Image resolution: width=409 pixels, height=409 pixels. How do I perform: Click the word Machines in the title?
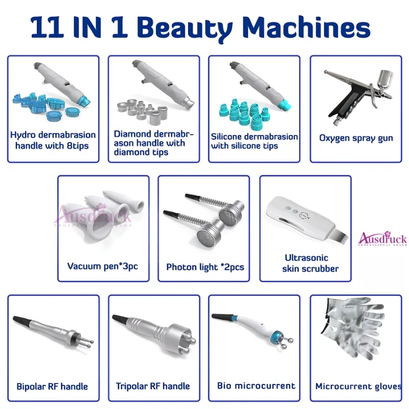(306, 27)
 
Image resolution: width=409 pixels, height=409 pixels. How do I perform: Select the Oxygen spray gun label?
(356, 138)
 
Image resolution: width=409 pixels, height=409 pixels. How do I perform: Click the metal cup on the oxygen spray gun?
(385, 78)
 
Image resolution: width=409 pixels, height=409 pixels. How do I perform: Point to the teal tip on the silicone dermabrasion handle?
(284, 105)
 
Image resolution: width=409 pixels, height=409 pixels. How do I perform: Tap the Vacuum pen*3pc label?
(103, 266)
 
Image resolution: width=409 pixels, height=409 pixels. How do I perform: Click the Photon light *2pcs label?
(205, 267)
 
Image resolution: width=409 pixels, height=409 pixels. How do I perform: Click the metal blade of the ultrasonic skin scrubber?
(339, 235)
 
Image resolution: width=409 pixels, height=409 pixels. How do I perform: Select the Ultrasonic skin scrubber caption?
(310, 263)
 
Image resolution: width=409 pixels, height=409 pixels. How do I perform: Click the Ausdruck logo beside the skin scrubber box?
(382, 239)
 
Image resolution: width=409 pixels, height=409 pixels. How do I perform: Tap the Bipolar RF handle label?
(52, 387)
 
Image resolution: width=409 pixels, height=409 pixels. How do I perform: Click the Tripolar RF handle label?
(153, 386)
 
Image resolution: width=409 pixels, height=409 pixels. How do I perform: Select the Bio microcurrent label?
(257, 385)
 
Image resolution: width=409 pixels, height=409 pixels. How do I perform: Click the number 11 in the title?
(47, 27)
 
